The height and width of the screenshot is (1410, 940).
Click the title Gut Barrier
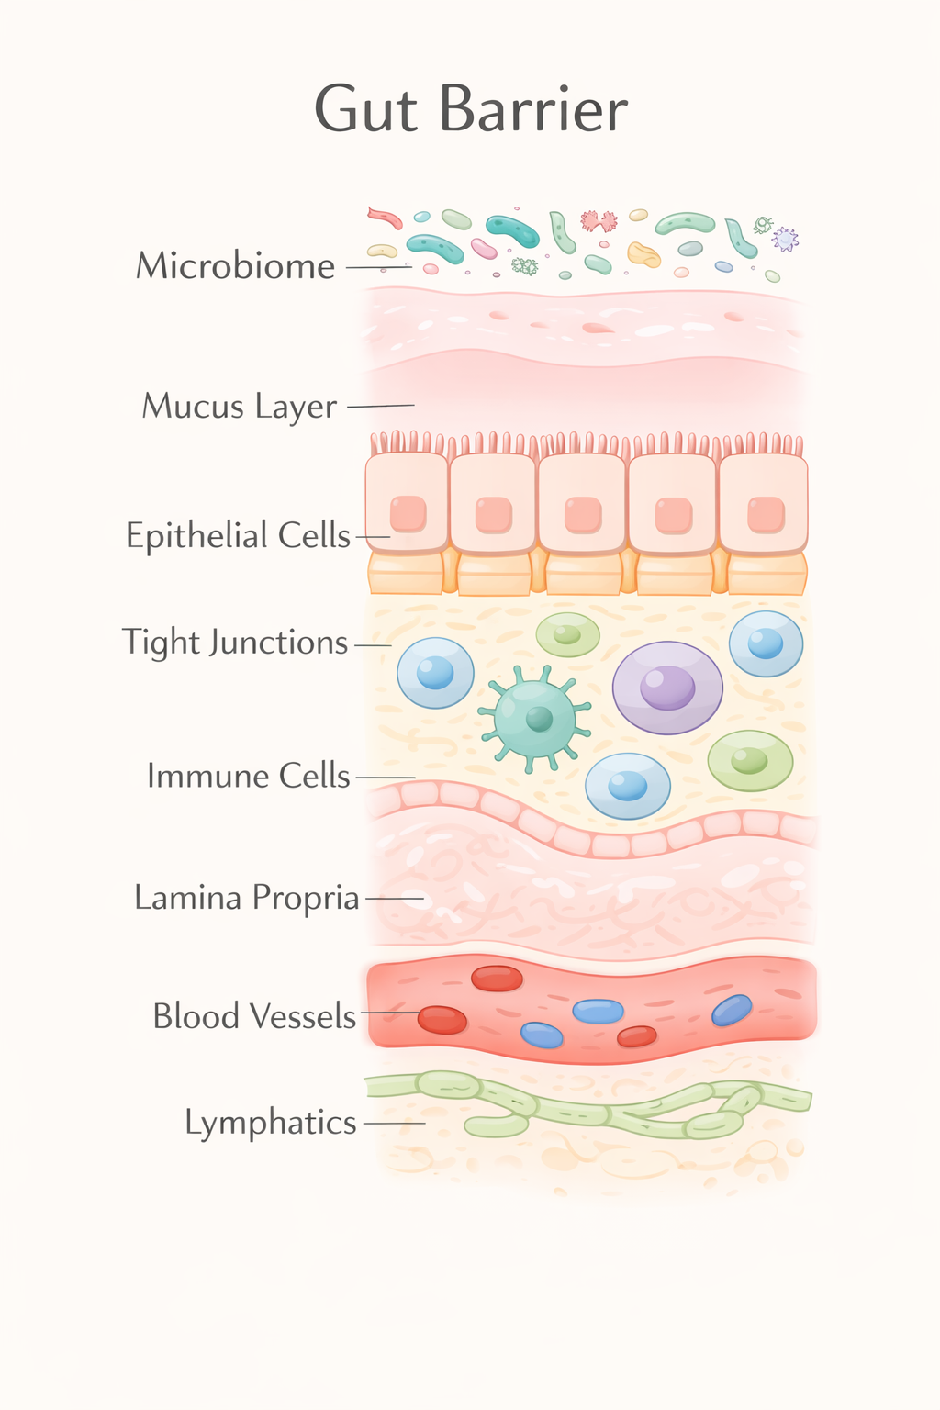click(471, 109)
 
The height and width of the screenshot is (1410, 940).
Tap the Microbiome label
click(236, 266)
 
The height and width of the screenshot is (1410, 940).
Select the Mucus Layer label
click(240, 406)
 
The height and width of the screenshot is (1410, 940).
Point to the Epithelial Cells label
click(238, 535)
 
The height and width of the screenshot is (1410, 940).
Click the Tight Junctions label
click(235, 643)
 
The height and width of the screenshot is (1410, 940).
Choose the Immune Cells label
click(248, 777)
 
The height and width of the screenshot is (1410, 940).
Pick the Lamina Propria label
click(246, 898)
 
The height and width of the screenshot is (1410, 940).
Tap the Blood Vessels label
click(254, 1016)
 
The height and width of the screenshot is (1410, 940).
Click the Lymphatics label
click(270, 1123)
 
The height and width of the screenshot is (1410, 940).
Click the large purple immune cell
click(667, 688)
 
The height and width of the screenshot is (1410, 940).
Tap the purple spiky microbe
click(785, 240)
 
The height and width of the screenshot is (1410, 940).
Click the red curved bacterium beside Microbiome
click(386, 218)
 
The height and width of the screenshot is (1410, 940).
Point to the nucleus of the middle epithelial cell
click(583, 515)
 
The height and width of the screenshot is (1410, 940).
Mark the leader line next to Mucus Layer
click(380, 406)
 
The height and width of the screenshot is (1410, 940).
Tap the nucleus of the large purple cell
click(667, 687)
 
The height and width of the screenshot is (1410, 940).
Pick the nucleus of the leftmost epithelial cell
click(408, 514)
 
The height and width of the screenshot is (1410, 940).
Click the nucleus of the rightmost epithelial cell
click(766, 515)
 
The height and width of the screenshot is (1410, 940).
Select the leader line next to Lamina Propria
click(395, 898)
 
